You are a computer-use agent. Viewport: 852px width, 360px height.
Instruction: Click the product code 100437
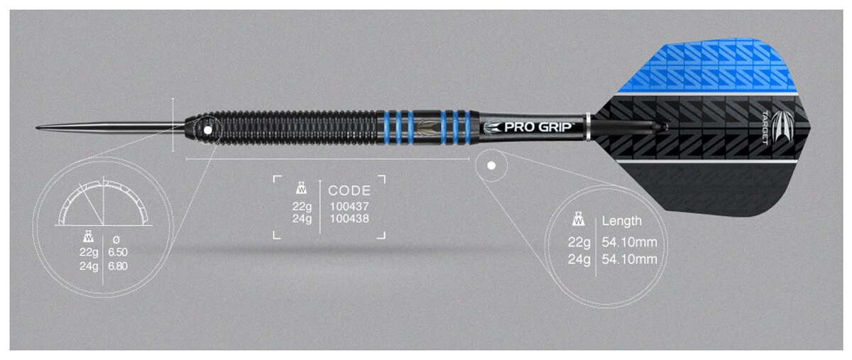(x=349, y=207)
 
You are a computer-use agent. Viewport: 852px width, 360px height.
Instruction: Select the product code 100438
(x=349, y=219)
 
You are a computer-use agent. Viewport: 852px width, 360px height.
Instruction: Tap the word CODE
(x=349, y=190)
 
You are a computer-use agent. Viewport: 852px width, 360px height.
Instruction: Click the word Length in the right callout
(x=621, y=221)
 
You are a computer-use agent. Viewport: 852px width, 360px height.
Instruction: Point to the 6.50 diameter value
(x=118, y=252)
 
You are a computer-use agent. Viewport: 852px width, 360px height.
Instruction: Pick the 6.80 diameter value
(x=118, y=266)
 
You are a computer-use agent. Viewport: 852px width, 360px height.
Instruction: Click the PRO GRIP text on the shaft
(x=538, y=127)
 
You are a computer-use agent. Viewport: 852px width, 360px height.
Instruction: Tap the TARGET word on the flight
(x=765, y=128)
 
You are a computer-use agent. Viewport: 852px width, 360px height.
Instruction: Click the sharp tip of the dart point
(x=36, y=128)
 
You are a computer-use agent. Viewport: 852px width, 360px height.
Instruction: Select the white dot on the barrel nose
(x=207, y=130)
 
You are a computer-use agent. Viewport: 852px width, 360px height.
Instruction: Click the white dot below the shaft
(x=491, y=165)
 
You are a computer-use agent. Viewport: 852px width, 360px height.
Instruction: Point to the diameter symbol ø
(x=116, y=240)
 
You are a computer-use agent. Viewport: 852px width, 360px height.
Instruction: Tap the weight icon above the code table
(x=302, y=188)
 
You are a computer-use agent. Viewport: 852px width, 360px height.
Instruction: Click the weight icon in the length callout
(x=579, y=219)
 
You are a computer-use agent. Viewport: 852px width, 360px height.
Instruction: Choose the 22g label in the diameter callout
(x=89, y=252)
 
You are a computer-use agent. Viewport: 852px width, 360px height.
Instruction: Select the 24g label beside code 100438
(x=302, y=219)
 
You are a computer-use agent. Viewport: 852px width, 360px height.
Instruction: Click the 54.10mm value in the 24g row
(x=630, y=260)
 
